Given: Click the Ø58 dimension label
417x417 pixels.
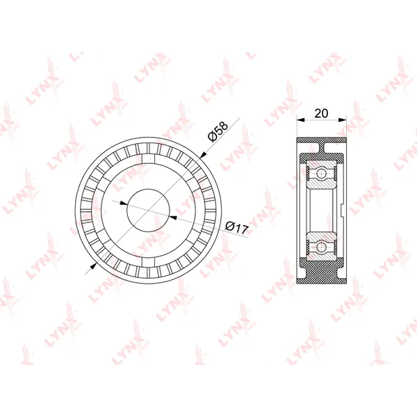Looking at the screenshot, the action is [218, 131].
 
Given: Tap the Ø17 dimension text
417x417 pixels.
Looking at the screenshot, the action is [237, 228].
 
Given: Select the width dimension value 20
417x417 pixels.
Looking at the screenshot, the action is [321, 113].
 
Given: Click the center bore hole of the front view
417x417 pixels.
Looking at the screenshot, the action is [149, 211].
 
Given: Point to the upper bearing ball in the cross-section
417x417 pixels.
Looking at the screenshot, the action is [321, 174].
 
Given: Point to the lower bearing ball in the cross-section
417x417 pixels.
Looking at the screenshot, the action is [321, 247].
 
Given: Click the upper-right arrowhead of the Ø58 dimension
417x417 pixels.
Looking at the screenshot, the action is [203, 155].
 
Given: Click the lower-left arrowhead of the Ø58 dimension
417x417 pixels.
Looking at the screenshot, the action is [93, 265].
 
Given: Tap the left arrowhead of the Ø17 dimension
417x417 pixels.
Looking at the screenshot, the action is [124, 204].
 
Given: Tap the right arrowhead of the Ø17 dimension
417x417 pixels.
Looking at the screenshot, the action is [173, 218].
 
